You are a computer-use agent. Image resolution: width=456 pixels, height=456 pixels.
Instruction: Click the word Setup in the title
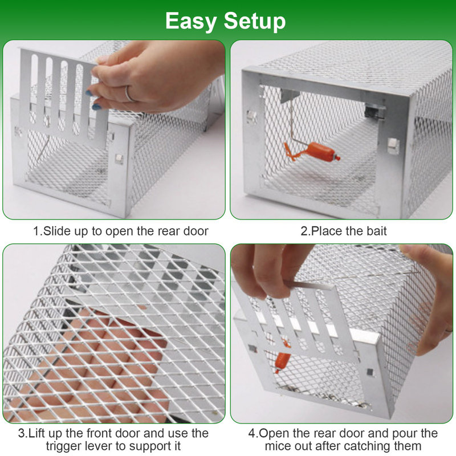(x=254, y=21)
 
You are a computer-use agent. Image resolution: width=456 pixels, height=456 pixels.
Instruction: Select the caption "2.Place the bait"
(x=344, y=231)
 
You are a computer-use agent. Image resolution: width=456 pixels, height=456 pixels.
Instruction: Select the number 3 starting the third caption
(x=21, y=433)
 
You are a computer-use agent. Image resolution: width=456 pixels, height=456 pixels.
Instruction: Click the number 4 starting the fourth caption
(x=251, y=433)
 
